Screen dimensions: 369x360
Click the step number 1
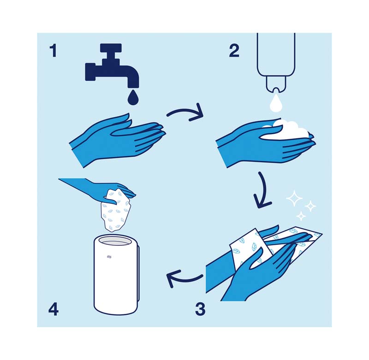pyautogui.click(x=54, y=51)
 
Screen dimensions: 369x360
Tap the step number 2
pyautogui.click(x=234, y=51)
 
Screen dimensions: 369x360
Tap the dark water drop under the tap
pyautogui.click(x=133, y=96)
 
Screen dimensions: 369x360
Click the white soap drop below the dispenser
pyautogui.click(x=276, y=103)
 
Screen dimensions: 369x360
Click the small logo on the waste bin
pyautogui.click(x=108, y=257)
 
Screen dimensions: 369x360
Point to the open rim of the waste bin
pyautogui.click(x=115, y=242)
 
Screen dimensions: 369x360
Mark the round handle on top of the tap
pyautogui.click(x=111, y=48)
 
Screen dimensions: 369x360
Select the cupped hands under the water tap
pyautogui.click(x=118, y=140)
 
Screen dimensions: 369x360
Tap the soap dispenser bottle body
pyautogui.click(x=276, y=54)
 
